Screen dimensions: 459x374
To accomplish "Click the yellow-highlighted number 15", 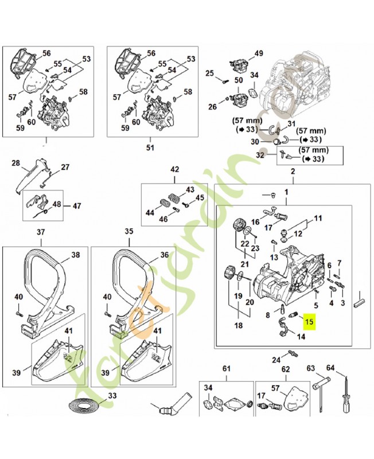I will coord(309,322).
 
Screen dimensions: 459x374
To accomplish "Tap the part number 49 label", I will coord(259,53).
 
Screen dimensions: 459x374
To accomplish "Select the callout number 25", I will coord(209,73).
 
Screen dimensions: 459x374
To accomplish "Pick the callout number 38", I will coord(75,255).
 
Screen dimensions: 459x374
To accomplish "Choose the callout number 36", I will coord(165,255).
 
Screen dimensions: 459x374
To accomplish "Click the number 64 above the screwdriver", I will coord(346,368).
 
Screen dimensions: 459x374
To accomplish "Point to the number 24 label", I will coord(276,360).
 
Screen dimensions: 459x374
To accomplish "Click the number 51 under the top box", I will coord(150,147).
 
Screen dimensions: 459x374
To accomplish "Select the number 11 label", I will coord(318,219).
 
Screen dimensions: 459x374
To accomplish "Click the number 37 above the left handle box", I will coord(40,232).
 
